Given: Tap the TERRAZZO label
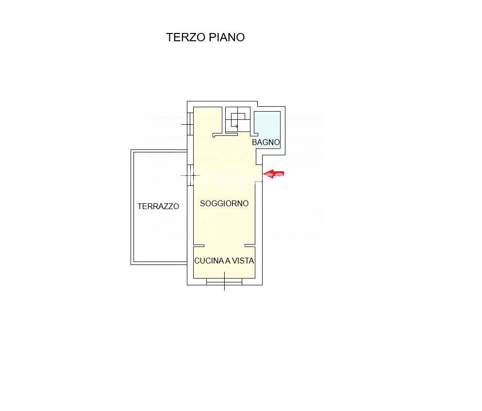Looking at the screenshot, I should (x=158, y=206).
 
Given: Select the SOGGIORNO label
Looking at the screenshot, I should (x=224, y=203).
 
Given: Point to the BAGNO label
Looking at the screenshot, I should (x=266, y=143).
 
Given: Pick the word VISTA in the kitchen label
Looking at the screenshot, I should (x=243, y=261).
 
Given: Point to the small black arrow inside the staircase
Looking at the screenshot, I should (x=235, y=127).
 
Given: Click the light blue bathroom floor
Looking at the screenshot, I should (x=267, y=124).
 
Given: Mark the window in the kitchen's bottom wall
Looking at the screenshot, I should (x=224, y=281).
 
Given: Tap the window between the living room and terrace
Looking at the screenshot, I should (x=190, y=175).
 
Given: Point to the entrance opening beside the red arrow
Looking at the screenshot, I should (x=259, y=174).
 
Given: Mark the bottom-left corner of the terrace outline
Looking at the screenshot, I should (x=132, y=263).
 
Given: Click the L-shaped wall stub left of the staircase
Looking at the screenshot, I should (x=224, y=134).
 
